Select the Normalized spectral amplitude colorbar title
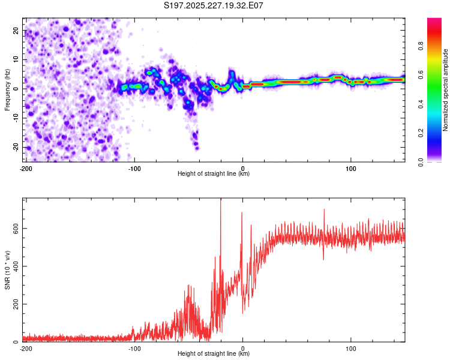tap(445, 90)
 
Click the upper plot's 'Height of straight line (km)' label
tap(214, 173)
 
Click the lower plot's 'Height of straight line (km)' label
tap(214, 353)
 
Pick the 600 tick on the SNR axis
tap(15, 229)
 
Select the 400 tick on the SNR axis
tap(15, 266)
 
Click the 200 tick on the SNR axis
tap(15, 304)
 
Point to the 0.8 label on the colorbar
tap(421, 47)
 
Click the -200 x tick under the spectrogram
tap(26, 168)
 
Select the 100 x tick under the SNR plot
tap(351, 348)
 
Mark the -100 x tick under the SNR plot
tap(134, 348)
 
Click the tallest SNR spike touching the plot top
tap(221, 202)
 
